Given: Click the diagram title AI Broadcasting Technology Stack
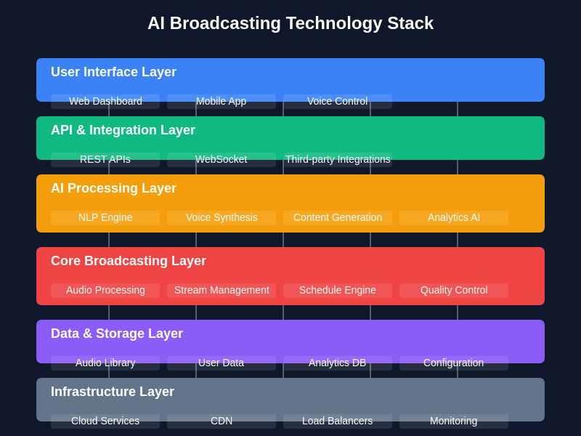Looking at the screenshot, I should pyautogui.click(x=290, y=23).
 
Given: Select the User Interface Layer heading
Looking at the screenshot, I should pyautogui.click(x=113, y=73).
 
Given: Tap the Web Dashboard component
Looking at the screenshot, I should pyautogui.click(x=105, y=102).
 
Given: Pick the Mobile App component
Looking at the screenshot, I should pyautogui.click(x=222, y=102).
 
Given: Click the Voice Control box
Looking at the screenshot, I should pyautogui.click(x=338, y=102).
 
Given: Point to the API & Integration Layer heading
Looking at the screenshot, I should pyautogui.click(x=123, y=131).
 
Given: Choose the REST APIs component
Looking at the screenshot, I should pyautogui.click(x=105, y=160).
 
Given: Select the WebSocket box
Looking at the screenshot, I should pyautogui.click(x=222, y=160).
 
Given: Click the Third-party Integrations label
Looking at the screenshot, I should pyautogui.click(x=338, y=160).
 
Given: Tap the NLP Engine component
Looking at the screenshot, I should pyautogui.click(x=105, y=218).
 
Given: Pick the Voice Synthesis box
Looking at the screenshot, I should pyautogui.click(x=222, y=218).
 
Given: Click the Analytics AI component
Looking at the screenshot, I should pyautogui.click(x=454, y=218).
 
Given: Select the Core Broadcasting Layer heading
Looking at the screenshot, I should pyautogui.click(x=129, y=262).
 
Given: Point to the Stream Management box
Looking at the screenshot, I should pyautogui.click(x=222, y=291).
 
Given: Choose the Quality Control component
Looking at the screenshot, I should pyautogui.click(x=454, y=291).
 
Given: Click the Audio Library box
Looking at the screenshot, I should pyautogui.click(x=105, y=363).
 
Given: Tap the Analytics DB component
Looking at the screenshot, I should pyautogui.click(x=338, y=363).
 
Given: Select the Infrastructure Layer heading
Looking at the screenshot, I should pyautogui.click(x=113, y=392).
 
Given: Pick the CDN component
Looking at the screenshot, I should pyautogui.click(x=222, y=421).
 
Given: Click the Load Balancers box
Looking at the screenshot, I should pyautogui.click(x=338, y=421).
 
